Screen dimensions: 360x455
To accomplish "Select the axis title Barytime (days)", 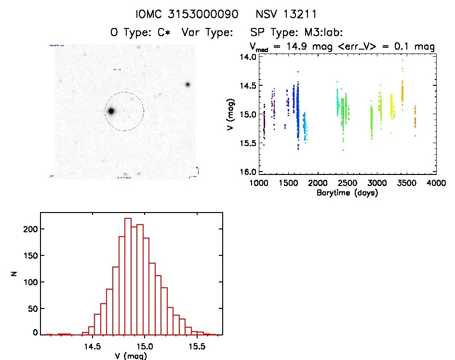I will point(347,193).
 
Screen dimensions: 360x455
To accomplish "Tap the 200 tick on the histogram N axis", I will point(30,229).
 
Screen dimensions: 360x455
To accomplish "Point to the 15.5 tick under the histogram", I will point(197,346).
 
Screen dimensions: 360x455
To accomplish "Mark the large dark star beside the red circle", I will point(111,111).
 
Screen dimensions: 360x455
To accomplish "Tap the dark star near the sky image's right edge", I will point(187,85).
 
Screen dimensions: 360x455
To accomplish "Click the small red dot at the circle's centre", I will point(124,111).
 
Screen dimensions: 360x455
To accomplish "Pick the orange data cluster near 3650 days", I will point(415,118).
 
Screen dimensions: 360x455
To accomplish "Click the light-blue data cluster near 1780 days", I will point(305,128).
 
